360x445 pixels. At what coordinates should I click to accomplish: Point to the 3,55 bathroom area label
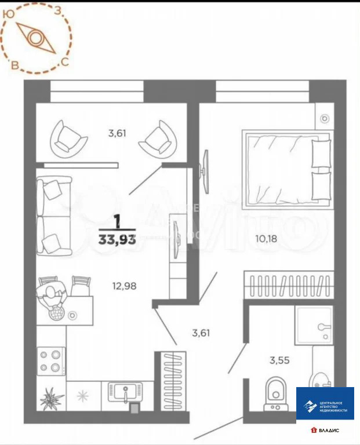point(279,359)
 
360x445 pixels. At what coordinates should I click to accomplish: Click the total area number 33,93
point(117,239)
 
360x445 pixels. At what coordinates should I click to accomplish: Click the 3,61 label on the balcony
point(117,133)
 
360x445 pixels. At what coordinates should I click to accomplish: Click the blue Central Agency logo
point(325,403)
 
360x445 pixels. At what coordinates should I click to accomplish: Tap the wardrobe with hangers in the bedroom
point(288,284)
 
